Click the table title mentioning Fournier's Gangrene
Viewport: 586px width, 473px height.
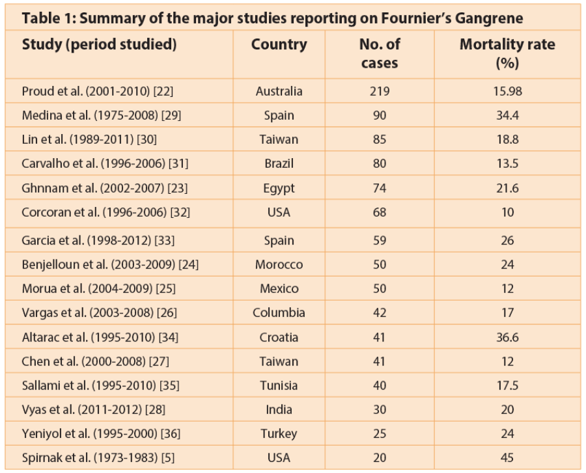pyautogui.click(x=272, y=18)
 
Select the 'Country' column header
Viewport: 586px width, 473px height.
pyautogui.click(x=279, y=45)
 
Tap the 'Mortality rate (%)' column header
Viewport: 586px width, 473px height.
pyautogui.click(x=507, y=53)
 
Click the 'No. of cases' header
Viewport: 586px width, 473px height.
pyautogui.click(x=380, y=53)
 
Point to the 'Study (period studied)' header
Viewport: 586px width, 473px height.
pyautogui.click(x=99, y=45)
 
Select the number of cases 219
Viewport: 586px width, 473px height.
pyautogui.click(x=379, y=91)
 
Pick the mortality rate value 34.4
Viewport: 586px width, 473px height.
pyautogui.click(x=507, y=115)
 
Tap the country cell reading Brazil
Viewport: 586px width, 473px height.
pyautogui.click(x=279, y=163)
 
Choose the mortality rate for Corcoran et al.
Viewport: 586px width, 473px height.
pyautogui.click(x=507, y=211)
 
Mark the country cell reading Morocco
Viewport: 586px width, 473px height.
pyautogui.click(x=279, y=265)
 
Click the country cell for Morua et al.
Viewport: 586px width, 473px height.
pyautogui.click(x=279, y=289)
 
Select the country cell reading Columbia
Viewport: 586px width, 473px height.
pyautogui.click(x=279, y=313)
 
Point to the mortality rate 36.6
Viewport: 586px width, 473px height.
pyautogui.click(x=507, y=337)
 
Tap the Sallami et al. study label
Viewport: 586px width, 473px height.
pyautogui.click(x=100, y=385)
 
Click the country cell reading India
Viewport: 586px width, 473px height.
pyautogui.click(x=279, y=409)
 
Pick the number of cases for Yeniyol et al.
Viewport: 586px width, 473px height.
pyautogui.click(x=379, y=433)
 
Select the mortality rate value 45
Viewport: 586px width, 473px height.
pyautogui.click(x=507, y=457)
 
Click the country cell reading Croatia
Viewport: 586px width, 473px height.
pyautogui.click(x=279, y=337)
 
